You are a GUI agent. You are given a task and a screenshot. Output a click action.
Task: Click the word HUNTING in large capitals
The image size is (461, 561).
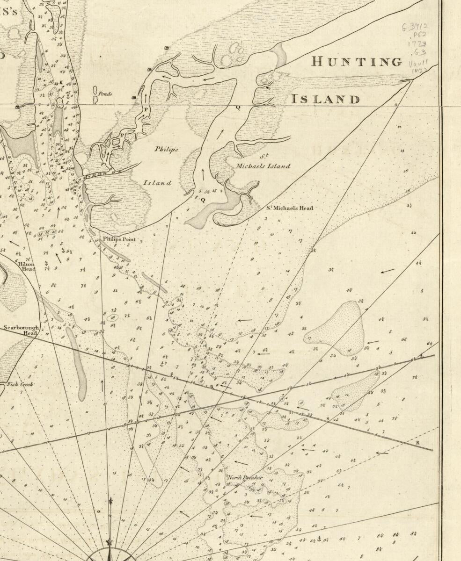[x=357, y=62]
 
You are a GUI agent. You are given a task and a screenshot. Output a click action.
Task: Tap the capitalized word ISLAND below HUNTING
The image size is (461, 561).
[x=326, y=99]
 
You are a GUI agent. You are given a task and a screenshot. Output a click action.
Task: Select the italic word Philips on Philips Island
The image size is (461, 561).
[x=167, y=149]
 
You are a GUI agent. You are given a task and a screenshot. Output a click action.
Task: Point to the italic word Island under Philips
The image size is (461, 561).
[x=158, y=183]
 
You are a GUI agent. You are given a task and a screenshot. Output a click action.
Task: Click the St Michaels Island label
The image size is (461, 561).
[x=263, y=163]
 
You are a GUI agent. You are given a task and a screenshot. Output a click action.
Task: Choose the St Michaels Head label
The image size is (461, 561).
[x=290, y=208]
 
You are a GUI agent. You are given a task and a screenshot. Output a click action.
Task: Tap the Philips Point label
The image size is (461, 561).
[x=119, y=239]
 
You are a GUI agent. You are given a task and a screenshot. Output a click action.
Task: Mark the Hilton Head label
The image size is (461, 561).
[x=27, y=266]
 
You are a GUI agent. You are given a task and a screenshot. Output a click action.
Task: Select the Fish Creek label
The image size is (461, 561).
[x=20, y=384]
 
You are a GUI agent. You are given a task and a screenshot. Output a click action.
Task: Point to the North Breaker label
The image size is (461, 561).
[x=245, y=478]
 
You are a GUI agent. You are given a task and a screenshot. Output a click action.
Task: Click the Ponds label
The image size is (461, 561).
[x=105, y=93]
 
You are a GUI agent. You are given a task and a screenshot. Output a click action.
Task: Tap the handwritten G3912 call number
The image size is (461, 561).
[x=414, y=27]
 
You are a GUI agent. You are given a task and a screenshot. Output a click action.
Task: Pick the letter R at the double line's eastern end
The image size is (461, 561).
[x=417, y=442]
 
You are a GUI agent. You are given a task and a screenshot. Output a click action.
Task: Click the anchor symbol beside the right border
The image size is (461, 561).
[x=421, y=356]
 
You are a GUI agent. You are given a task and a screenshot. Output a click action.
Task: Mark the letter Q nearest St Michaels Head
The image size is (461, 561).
[x=203, y=200]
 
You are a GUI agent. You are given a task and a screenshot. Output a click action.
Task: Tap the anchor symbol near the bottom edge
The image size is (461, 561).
[x=319, y=539]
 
